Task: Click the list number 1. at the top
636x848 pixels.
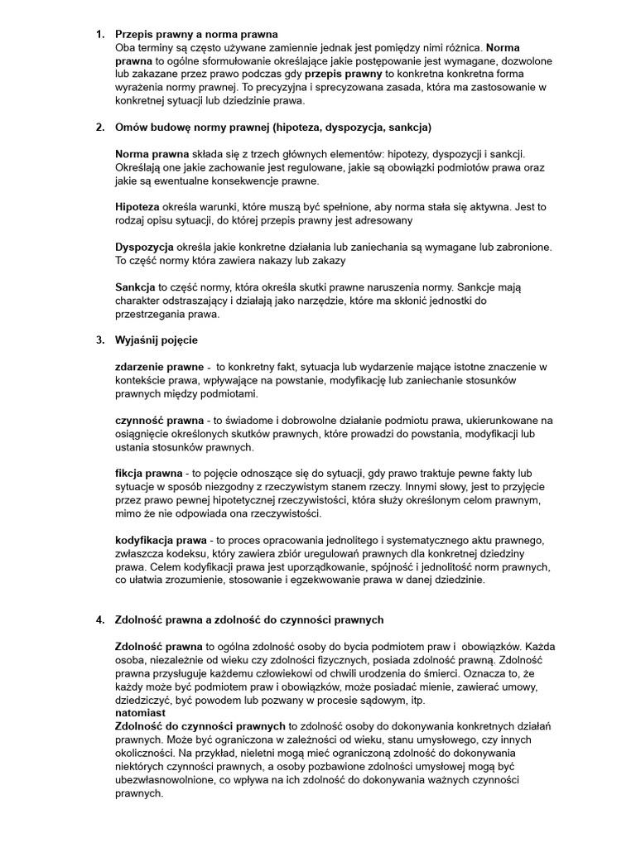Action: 100,34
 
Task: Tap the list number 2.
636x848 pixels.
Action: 100,128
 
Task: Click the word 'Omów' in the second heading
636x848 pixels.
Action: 131,128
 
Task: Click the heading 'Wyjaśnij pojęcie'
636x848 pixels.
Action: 157,340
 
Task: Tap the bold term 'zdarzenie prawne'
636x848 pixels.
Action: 159,367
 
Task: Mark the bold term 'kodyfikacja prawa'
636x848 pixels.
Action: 161,540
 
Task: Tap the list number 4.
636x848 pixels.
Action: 100,620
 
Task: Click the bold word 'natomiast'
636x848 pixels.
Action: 140,713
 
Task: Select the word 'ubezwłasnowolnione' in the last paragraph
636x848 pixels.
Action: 166,779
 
